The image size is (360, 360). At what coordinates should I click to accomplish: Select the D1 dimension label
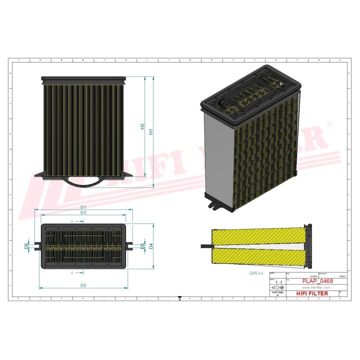84,206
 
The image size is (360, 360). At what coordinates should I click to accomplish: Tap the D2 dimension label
84,285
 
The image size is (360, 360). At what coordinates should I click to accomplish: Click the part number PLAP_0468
317,281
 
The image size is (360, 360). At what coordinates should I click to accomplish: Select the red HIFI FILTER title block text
312,293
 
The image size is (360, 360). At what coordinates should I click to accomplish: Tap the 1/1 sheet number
278,282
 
